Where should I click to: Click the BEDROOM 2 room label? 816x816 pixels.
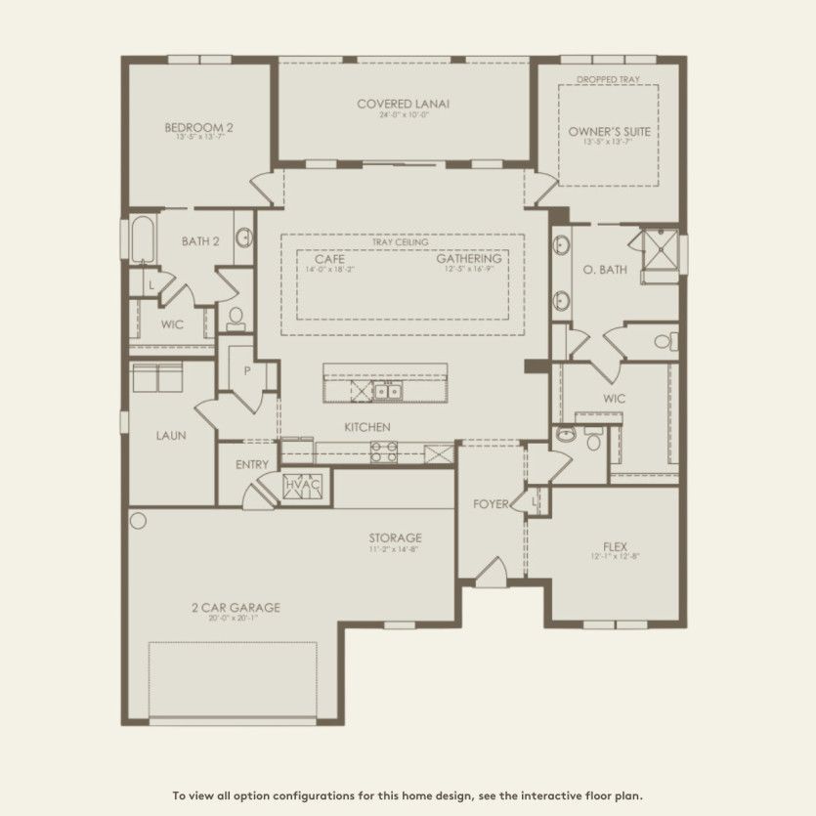198,127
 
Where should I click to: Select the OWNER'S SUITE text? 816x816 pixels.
609,130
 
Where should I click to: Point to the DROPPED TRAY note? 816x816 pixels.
609,78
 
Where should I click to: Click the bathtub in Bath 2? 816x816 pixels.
142,240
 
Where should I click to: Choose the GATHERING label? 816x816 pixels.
469,259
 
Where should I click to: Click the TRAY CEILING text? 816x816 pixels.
401,241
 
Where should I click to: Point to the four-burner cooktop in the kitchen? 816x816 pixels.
383,451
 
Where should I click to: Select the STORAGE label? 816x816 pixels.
395,538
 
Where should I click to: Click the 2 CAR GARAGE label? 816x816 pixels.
235,608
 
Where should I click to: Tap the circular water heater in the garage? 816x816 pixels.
138,520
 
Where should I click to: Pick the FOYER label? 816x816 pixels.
491,504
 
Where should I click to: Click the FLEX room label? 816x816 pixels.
615,546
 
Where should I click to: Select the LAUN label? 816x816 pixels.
171,436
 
